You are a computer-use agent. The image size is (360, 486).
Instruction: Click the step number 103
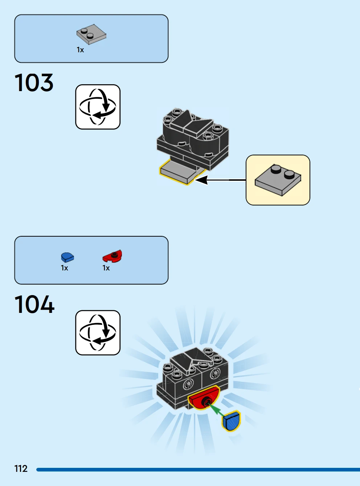34,83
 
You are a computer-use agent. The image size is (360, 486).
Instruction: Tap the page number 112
21,469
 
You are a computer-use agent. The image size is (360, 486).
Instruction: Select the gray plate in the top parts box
91,34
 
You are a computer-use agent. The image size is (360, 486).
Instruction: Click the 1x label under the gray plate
80,50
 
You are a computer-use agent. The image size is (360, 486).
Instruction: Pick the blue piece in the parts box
67,257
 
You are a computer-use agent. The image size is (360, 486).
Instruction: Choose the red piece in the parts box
112,256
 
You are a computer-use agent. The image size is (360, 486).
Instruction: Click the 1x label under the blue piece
65,268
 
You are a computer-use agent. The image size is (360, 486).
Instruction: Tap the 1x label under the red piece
106,268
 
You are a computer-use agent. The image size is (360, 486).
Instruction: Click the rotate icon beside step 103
98,107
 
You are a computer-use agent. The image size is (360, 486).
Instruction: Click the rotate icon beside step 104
98,332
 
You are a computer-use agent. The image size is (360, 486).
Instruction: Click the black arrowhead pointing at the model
202,180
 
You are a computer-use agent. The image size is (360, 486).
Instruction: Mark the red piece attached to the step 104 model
203,398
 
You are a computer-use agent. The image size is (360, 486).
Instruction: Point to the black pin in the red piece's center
207,401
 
